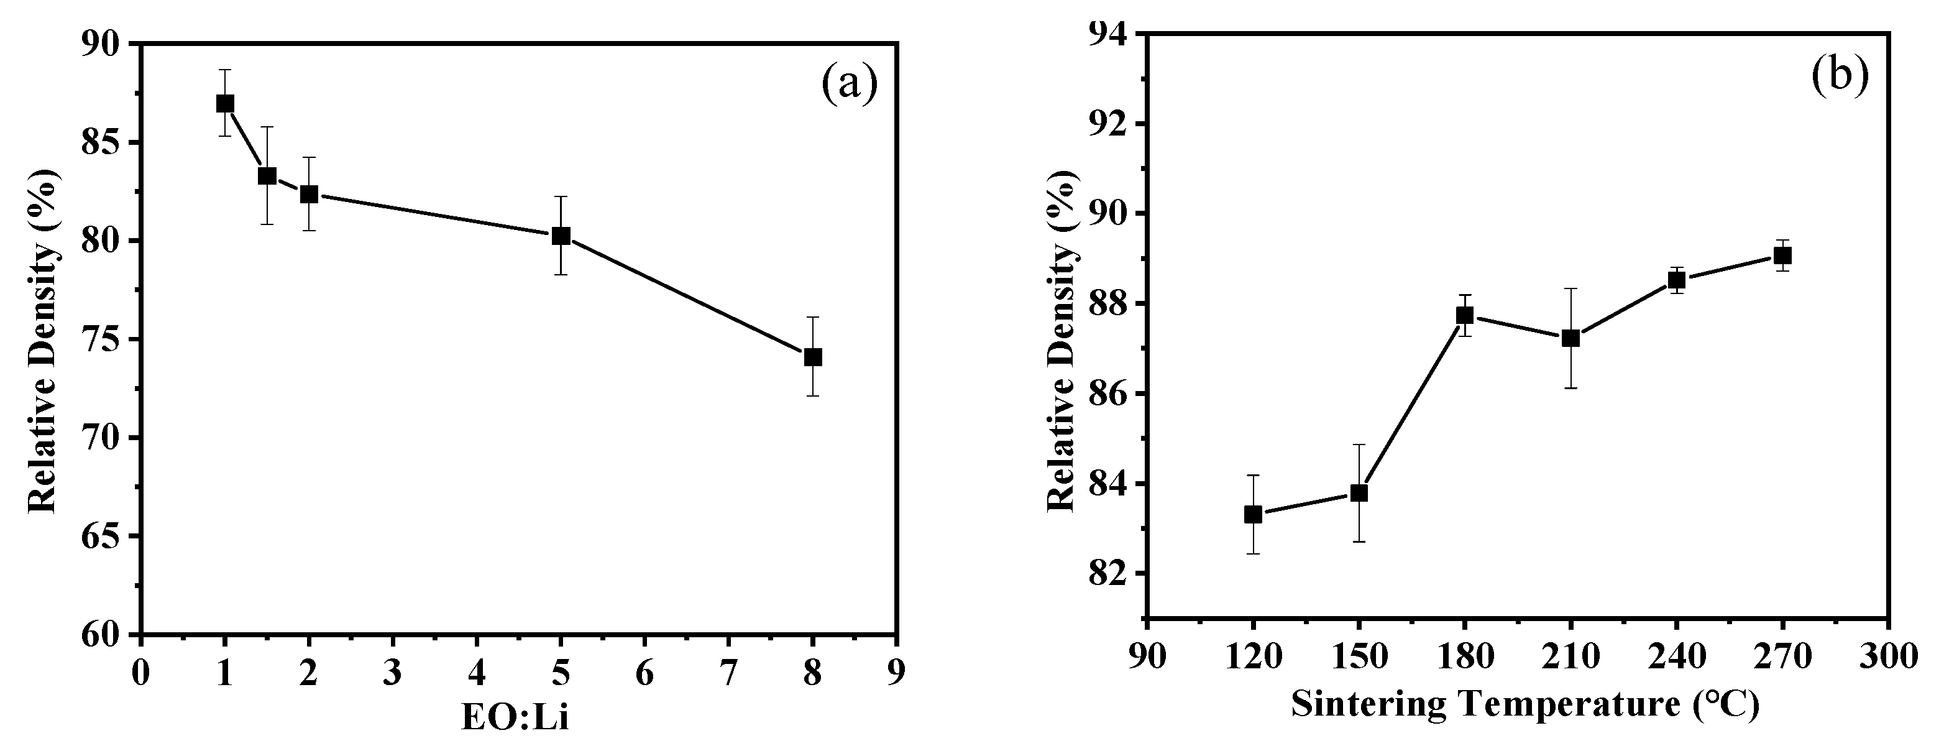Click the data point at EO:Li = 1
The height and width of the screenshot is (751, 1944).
click(225, 103)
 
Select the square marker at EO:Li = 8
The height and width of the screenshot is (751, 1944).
click(813, 357)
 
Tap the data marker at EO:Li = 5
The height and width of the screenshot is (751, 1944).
click(561, 236)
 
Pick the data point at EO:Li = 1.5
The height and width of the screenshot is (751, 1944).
click(267, 176)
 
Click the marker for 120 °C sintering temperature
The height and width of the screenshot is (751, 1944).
click(1253, 515)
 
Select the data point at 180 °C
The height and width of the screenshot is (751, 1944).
click(1465, 315)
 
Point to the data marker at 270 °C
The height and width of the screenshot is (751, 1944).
click(1782, 256)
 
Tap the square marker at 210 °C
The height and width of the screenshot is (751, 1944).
click(1570, 338)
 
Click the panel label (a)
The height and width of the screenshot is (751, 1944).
click(850, 84)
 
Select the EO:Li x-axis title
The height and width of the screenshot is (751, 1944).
click(515, 719)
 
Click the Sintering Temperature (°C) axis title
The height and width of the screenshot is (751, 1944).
click(1525, 705)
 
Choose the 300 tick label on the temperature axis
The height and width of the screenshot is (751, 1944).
click(1888, 657)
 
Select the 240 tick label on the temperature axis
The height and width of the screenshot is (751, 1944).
click(1676, 657)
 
